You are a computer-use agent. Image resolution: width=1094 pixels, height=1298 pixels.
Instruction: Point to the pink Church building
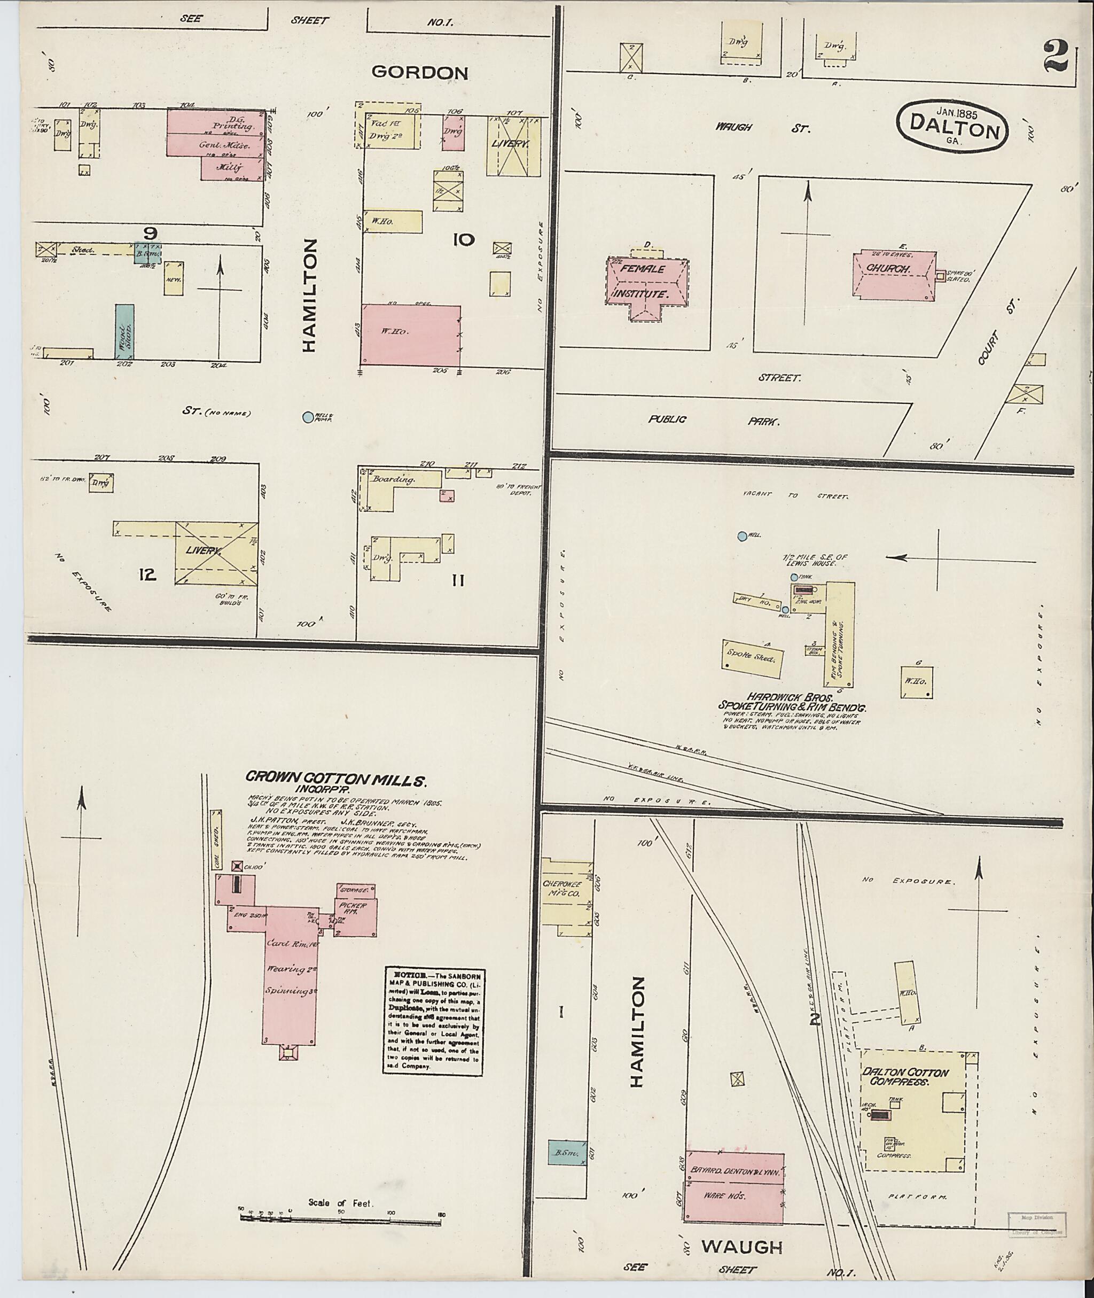point(891,275)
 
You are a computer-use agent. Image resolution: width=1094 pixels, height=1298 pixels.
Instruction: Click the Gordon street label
point(419,73)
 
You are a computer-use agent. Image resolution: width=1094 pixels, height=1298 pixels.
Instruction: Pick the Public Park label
point(713,420)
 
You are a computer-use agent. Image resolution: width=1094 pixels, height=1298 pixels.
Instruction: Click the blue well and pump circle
point(308,417)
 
